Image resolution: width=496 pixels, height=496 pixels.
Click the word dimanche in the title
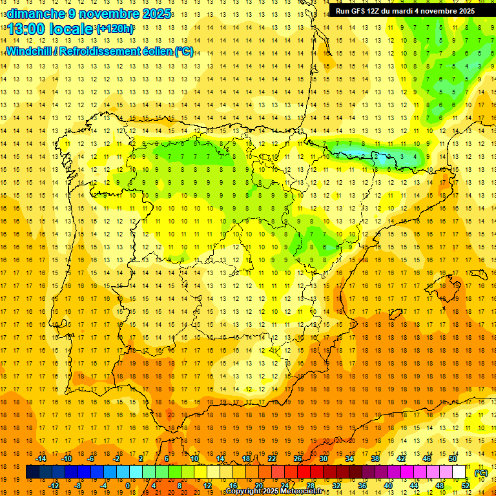point(28,14)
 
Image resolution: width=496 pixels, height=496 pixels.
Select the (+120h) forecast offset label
point(115,29)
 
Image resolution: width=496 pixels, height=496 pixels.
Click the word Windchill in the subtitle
point(27,52)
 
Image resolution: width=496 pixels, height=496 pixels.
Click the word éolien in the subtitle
point(156,52)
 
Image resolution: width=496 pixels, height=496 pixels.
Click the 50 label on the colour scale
point(453,459)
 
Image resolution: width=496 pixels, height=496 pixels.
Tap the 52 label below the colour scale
point(466,486)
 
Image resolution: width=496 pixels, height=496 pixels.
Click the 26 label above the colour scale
point(298,459)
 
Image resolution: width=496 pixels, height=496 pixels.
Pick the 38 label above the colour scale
point(375,459)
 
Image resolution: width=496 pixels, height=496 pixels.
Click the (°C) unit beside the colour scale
point(480,473)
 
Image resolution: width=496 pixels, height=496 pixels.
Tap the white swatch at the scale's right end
point(459,472)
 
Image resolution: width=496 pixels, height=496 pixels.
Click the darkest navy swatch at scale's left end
point(32,472)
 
